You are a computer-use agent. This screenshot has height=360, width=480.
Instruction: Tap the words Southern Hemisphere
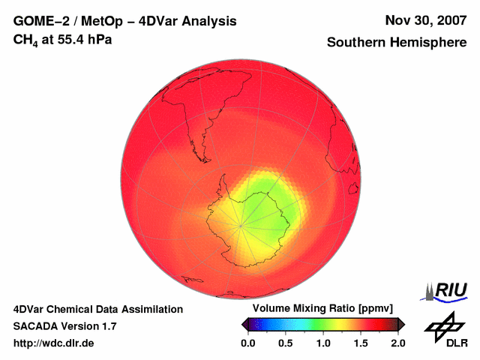(397, 43)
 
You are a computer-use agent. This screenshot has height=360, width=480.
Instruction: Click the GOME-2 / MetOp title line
(125, 21)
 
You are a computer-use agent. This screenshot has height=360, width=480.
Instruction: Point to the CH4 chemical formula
(25, 40)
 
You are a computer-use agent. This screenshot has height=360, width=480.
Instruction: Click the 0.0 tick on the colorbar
(247, 343)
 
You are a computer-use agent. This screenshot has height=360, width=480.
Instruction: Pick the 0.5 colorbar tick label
(285, 343)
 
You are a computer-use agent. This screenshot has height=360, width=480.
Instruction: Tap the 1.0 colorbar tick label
(322, 343)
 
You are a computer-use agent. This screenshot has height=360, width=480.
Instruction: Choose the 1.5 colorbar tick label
(360, 343)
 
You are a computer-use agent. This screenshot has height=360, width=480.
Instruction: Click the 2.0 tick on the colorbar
(397, 343)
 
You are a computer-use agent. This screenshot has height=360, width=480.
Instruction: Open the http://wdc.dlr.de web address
(54, 343)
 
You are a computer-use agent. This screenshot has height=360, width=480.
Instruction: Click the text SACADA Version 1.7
(65, 326)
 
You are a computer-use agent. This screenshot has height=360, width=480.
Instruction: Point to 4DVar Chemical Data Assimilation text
(98, 309)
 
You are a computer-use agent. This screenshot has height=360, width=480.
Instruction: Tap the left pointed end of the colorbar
(243, 324)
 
